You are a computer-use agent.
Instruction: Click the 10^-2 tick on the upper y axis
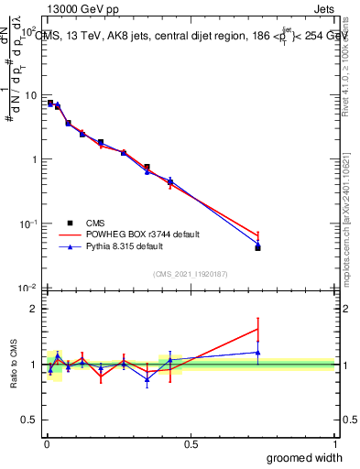pyautogui.click(x=27, y=289)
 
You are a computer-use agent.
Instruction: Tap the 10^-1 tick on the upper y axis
pyautogui.click(x=27, y=224)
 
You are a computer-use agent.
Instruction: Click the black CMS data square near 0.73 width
pyautogui.click(x=257, y=247)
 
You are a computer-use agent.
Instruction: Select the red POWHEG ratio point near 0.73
pyautogui.click(x=257, y=329)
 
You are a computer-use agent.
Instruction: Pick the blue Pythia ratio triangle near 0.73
pyautogui.click(x=257, y=352)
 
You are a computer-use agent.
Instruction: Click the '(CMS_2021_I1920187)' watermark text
pyautogui.click(x=190, y=274)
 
